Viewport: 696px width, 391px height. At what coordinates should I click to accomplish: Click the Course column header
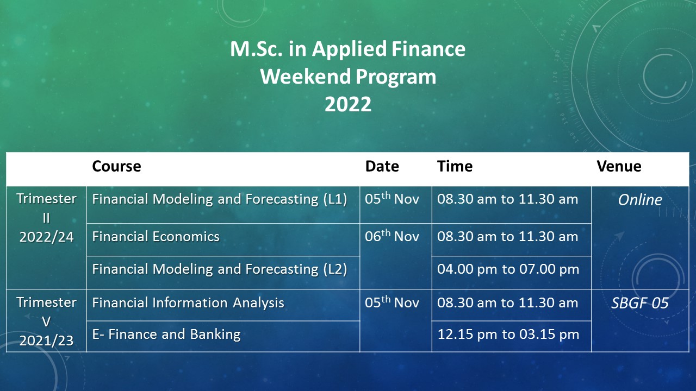[x=116, y=166]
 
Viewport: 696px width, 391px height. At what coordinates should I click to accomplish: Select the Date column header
[x=382, y=166]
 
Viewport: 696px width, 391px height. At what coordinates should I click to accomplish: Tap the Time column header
[x=455, y=166]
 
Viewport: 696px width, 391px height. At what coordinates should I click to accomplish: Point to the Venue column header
[x=619, y=166]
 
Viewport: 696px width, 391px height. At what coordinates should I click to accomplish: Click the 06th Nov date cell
[x=392, y=236]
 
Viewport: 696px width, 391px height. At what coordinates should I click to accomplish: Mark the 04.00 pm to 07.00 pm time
[x=508, y=269]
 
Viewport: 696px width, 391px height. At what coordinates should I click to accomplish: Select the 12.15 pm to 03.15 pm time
[x=508, y=334]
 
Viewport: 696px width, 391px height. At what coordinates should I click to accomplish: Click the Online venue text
[x=640, y=200]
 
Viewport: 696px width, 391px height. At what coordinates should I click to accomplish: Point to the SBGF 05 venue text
[x=640, y=303]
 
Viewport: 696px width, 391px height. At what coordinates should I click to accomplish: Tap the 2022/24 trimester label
[x=46, y=237]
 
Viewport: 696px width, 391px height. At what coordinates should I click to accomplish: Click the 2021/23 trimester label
[x=46, y=340]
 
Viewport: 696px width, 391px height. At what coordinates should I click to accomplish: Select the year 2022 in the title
[x=348, y=104]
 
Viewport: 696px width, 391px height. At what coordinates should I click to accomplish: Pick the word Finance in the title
[x=428, y=49]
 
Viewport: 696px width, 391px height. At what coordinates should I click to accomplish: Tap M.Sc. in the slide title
[x=256, y=49]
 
